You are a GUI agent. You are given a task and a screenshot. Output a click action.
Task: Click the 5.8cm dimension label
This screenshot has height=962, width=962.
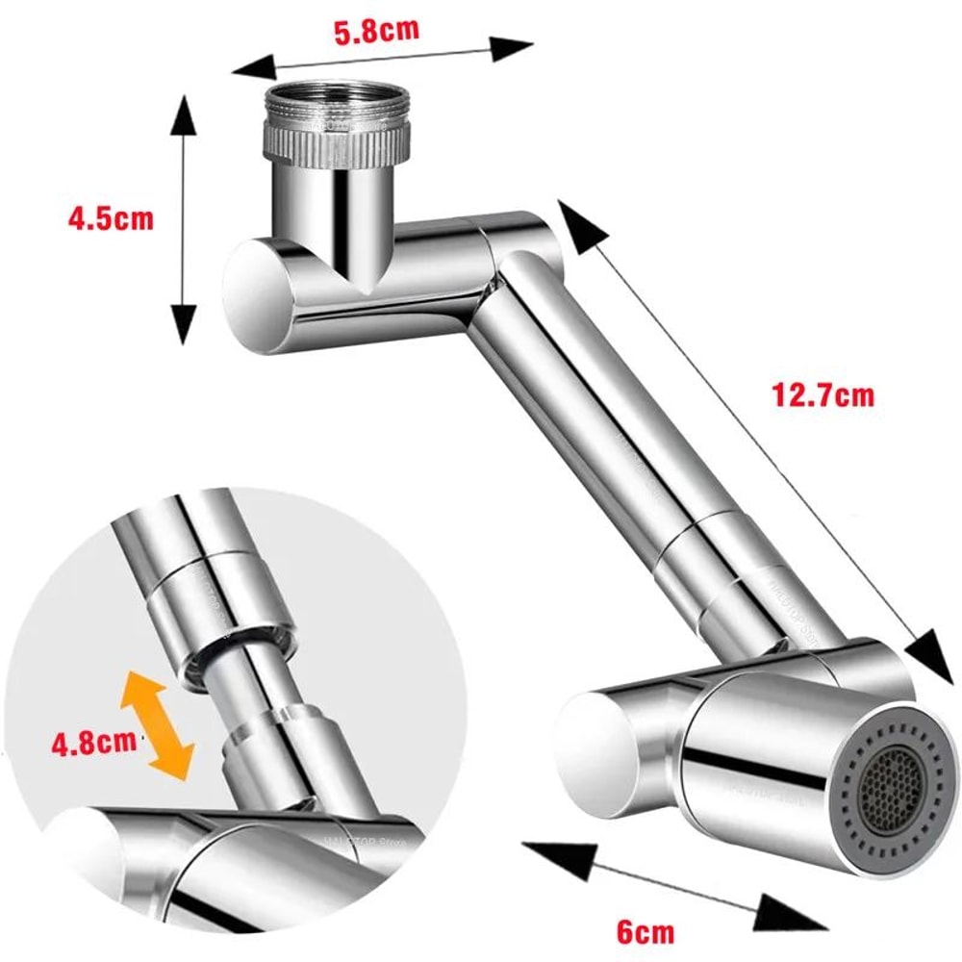point(376,30)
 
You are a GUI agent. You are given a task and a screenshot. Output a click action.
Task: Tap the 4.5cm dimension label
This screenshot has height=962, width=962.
point(110,218)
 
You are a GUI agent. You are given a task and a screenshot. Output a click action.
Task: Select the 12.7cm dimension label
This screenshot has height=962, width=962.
point(823,394)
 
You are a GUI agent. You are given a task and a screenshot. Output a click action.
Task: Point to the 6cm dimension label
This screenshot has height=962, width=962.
point(645,931)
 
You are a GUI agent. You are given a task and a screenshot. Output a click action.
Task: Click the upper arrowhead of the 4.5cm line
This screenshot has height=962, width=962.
point(184,114)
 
